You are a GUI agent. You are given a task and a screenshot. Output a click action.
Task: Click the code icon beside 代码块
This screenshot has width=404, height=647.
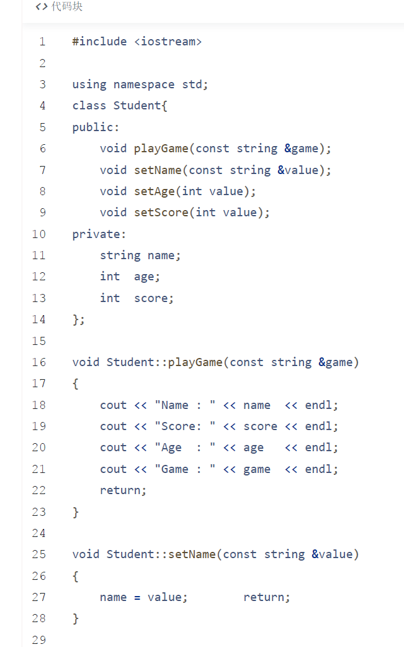[x=42, y=7]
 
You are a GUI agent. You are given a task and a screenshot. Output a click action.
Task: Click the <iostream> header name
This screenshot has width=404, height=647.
[x=168, y=42]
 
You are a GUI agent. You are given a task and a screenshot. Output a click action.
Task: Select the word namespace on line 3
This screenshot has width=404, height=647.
[x=144, y=85]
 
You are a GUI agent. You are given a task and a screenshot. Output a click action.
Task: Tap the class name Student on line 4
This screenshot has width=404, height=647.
[x=137, y=106]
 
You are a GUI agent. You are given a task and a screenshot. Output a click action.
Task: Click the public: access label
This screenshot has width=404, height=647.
[x=96, y=127]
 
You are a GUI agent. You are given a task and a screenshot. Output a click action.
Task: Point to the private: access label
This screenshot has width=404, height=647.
[x=99, y=234]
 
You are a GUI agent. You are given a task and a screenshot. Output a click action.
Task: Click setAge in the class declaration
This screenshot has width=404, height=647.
[x=155, y=191]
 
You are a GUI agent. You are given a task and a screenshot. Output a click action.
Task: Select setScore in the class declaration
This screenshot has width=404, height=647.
[x=161, y=213]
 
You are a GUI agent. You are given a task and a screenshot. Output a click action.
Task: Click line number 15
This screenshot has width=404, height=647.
[x=38, y=341]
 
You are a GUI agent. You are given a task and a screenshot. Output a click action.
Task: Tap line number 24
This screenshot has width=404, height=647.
[x=38, y=533]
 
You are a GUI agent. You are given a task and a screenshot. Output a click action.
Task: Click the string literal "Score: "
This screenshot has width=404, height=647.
[x=185, y=426]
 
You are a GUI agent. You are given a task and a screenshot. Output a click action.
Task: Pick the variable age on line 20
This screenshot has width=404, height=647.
[x=253, y=448]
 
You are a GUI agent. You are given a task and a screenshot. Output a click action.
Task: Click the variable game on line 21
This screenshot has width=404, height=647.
[x=257, y=470]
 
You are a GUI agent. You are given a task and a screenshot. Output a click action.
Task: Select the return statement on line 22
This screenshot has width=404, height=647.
[x=123, y=490]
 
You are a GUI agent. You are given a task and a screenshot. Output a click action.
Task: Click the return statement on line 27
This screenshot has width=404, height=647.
[x=267, y=597]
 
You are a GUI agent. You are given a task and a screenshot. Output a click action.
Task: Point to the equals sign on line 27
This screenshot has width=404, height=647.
[x=137, y=597]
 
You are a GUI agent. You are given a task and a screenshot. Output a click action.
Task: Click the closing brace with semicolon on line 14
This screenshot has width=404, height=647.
[x=79, y=320]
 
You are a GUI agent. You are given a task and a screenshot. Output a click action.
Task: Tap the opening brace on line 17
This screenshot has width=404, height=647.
[x=75, y=384]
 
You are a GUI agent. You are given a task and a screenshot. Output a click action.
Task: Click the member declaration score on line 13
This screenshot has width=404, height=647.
[x=154, y=298]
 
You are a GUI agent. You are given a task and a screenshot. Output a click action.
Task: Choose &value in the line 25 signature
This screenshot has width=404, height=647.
[x=333, y=554]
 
